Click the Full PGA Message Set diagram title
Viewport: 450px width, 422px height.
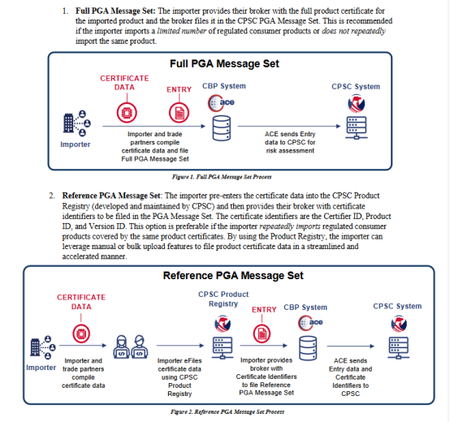pyautogui.click(x=224, y=63)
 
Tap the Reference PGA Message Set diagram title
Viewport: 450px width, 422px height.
pyautogui.click(x=233, y=275)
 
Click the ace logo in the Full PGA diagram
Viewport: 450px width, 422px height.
pyautogui.click(x=221, y=102)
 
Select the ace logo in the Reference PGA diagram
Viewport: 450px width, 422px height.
pyautogui.click(x=310, y=322)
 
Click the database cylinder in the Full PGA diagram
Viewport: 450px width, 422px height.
pyautogui.click(x=221, y=128)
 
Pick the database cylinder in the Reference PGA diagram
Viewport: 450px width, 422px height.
pyautogui.click(x=308, y=348)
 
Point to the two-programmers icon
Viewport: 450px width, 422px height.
pyautogui.click(x=131, y=347)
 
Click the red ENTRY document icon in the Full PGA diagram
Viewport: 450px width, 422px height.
pyautogui.click(x=179, y=113)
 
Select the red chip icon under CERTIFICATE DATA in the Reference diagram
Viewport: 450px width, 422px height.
pyautogui.click(x=81, y=334)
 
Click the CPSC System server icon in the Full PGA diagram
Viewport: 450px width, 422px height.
pyautogui.click(x=356, y=128)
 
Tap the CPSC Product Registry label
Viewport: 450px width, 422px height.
pyautogui.click(x=223, y=299)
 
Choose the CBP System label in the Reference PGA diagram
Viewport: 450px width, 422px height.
pyautogui.click(x=305, y=308)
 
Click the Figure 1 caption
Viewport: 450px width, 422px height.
pyautogui.click(x=222, y=177)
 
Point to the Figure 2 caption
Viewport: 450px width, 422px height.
pyautogui.click(x=227, y=412)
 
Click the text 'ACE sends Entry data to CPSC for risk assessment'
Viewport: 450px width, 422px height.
pyautogui.click(x=290, y=142)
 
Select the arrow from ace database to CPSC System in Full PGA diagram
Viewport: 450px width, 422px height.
pyautogui.click(x=289, y=126)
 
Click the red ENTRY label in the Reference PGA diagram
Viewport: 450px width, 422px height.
pyautogui.click(x=264, y=310)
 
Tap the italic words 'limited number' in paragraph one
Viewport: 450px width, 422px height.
pyautogui.click(x=182, y=31)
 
